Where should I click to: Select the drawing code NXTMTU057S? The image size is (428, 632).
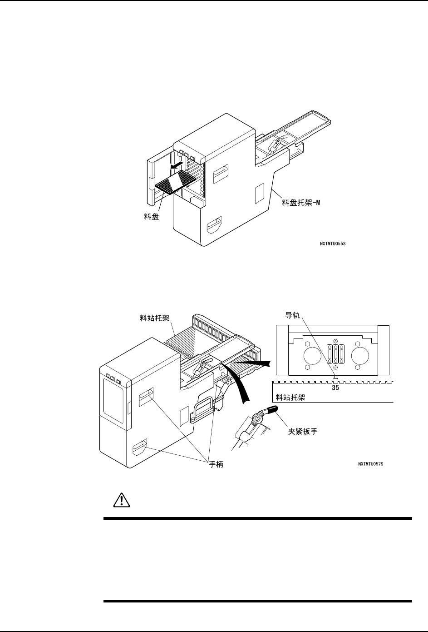[371, 464]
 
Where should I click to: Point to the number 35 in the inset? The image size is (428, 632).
[335, 388]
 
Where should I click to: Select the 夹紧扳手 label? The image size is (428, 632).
[303, 431]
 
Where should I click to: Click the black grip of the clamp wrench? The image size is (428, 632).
[272, 411]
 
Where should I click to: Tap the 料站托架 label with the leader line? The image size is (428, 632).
[154, 318]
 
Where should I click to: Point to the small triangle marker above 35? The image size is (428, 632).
[335, 377]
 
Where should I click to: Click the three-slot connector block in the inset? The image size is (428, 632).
[335, 354]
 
